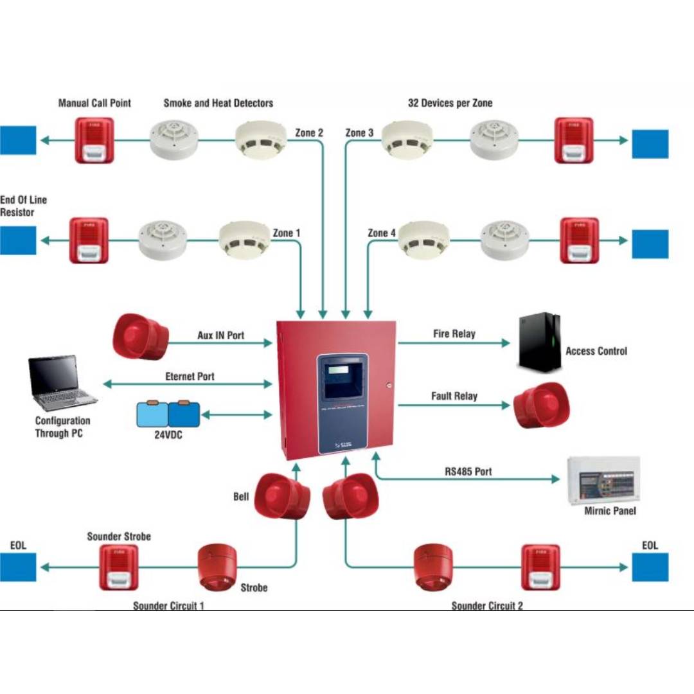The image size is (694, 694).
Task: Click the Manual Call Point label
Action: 94,103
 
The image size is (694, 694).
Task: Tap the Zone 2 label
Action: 309,133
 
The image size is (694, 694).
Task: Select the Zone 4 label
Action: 382,233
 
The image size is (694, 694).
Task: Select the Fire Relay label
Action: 454,334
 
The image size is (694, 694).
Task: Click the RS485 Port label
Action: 468,471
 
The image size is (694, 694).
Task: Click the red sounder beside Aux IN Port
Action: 140,337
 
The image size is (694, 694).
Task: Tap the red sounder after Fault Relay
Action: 541,405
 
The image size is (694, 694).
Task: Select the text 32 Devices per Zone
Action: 450,103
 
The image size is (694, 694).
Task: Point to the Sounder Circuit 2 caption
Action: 487,606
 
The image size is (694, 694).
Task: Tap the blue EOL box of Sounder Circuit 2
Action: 650,567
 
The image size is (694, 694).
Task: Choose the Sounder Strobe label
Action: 119,537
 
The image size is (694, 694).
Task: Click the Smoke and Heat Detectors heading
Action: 218,103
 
